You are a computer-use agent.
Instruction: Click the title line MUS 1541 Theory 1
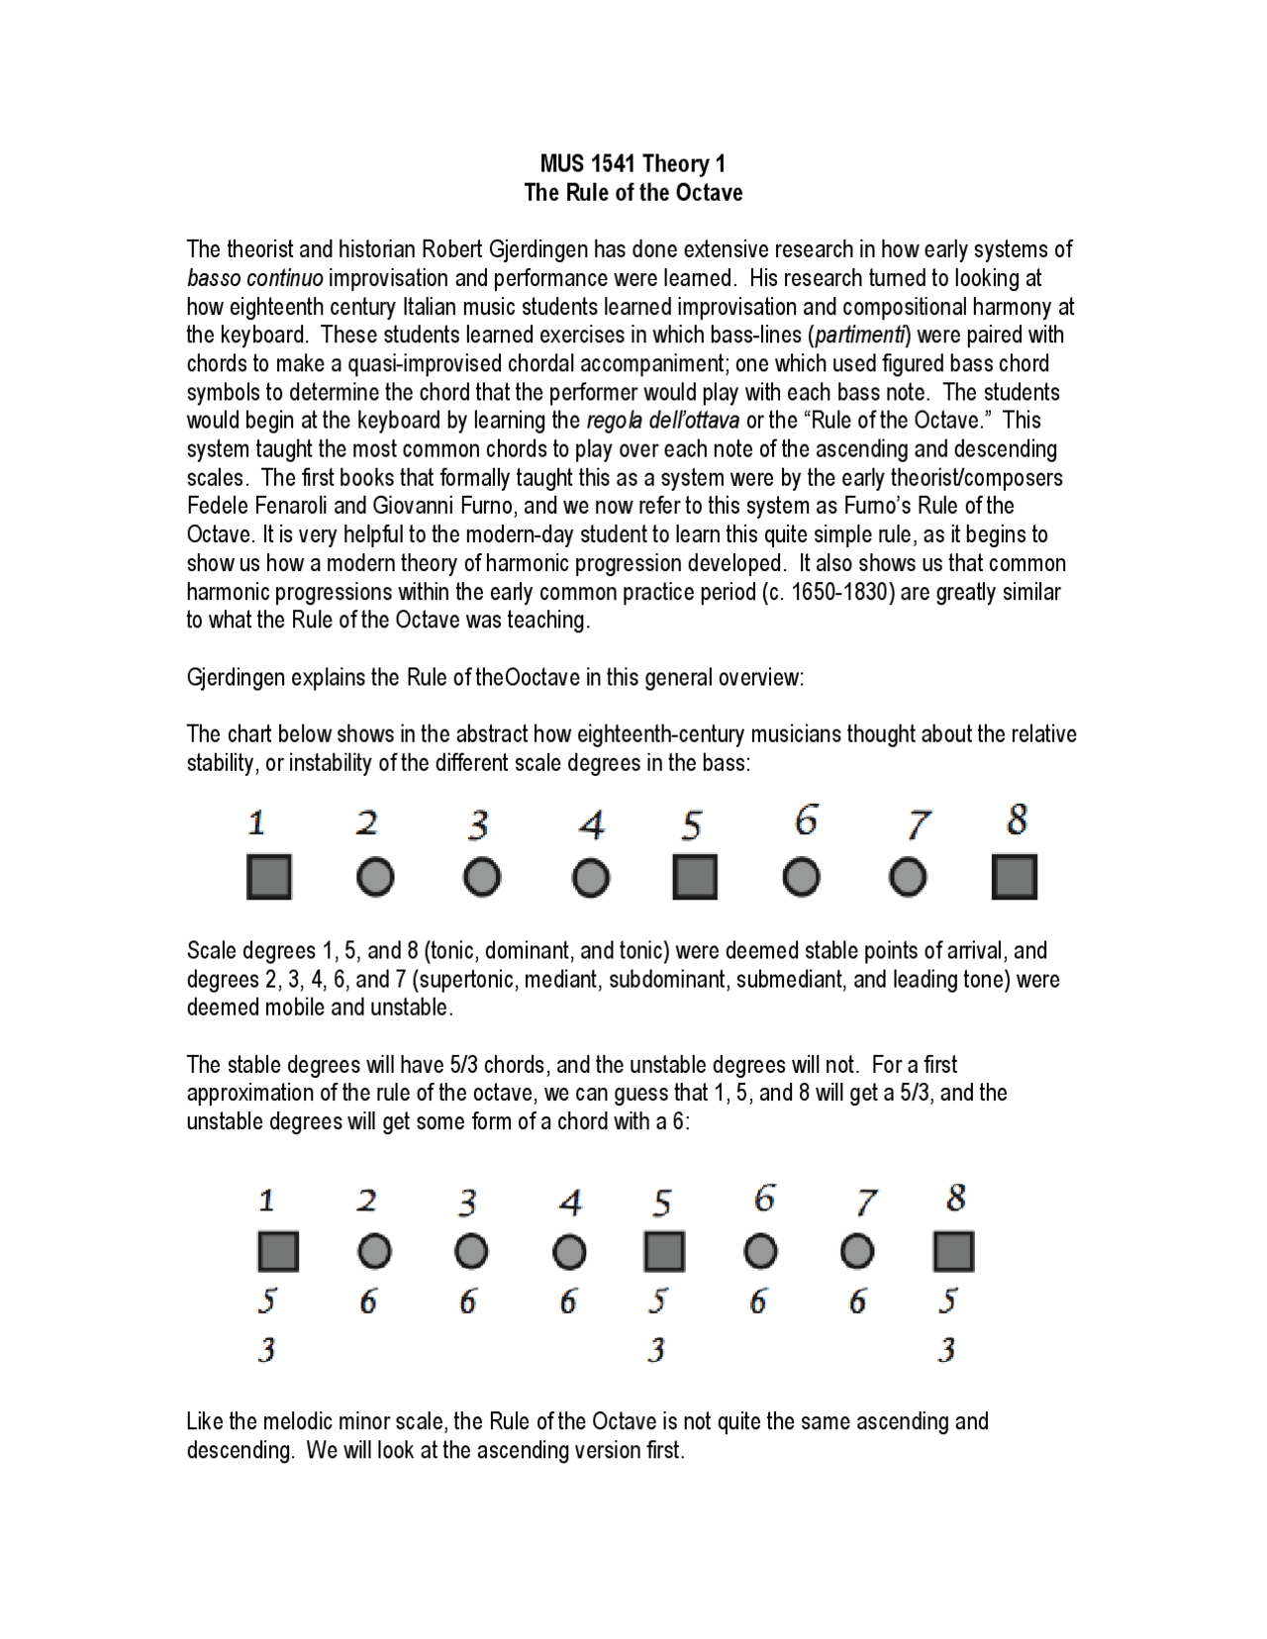pos(633,163)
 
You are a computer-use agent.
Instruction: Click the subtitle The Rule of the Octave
pos(633,192)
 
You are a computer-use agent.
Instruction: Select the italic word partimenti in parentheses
pos(859,335)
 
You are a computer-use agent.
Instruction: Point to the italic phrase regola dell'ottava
pos(662,420)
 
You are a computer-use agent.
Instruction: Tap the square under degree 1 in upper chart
pos(268,877)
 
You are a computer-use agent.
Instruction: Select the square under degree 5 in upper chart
pos(694,877)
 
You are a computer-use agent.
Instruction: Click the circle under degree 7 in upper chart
pos(908,877)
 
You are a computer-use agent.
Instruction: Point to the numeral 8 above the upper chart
pos(1017,820)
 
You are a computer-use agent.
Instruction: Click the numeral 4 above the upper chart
pos(591,824)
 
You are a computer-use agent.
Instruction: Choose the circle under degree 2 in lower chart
pos(374,1252)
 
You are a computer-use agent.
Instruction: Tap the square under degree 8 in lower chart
pos(953,1251)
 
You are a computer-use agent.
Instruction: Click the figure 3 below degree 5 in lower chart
pos(656,1349)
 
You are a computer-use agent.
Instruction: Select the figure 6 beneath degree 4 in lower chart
pos(567,1302)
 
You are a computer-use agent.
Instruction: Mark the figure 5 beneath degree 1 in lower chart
pos(267,1301)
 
